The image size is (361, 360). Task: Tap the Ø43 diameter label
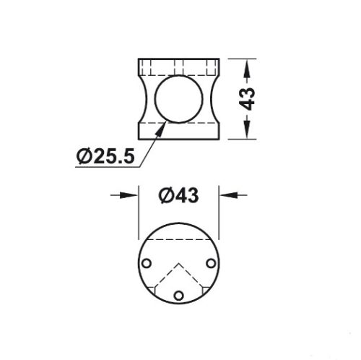coord(178,195)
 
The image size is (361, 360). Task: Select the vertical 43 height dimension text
coord(248,98)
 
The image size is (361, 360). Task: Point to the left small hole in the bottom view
coord(147,263)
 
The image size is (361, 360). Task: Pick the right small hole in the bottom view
coord(211,263)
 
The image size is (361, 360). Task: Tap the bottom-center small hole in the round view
coord(178,295)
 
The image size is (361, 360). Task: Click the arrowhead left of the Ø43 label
coord(132,195)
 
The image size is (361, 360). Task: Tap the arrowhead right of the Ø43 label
coord(225,195)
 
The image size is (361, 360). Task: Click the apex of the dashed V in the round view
coord(178,264)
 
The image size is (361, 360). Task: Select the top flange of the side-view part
coord(178,66)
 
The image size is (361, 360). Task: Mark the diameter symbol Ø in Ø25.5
coord(82,155)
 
